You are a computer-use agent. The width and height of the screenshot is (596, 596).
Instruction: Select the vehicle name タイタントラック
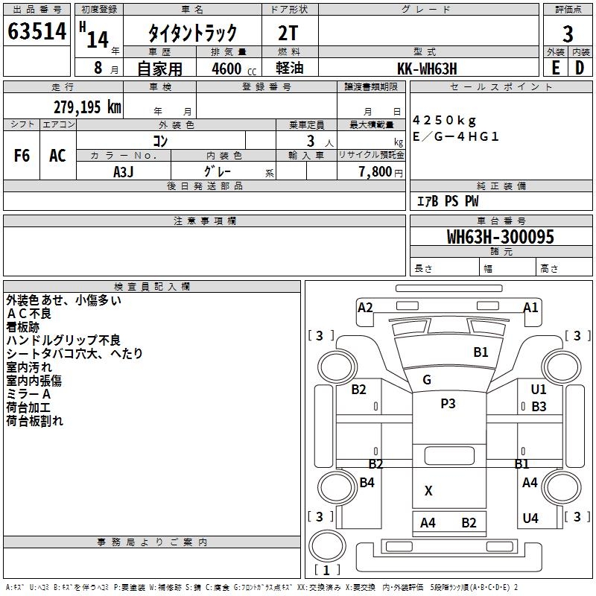tap(192, 33)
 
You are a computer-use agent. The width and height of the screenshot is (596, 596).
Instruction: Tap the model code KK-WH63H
tap(427, 68)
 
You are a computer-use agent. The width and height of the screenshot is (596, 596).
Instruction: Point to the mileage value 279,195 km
tap(87, 107)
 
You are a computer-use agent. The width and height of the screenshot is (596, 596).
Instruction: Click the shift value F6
tap(22, 156)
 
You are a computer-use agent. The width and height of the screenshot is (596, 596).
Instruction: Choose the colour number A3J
tap(124, 171)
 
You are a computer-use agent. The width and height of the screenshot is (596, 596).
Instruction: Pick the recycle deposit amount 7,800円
tap(375, 171)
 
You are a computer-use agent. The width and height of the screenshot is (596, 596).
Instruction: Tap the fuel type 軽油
tap(290, 69)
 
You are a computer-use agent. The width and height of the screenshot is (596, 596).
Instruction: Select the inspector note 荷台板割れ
tap(35, 421)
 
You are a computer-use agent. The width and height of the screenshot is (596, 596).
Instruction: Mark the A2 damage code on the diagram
tap(365, 307)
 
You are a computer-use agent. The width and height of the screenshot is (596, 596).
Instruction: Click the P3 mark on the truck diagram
tap(448, 404)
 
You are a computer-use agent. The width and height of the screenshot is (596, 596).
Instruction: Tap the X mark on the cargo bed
tap(428, 491)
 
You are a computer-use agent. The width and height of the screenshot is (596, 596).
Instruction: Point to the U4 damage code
tap(530, 519)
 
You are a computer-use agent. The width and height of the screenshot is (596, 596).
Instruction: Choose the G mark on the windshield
tap(427, 380)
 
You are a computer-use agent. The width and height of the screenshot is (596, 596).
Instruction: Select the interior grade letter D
tap(580, 68)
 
